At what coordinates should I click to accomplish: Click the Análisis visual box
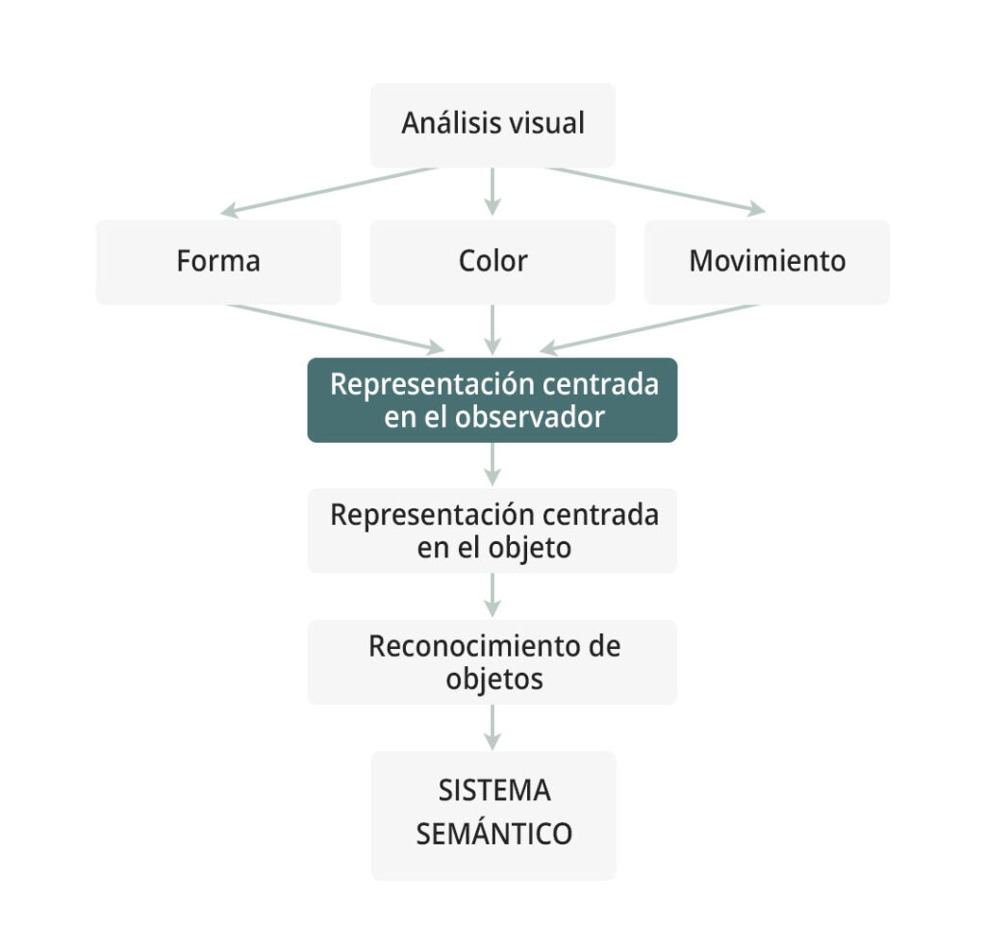[x=492, y=125]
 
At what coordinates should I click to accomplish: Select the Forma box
[x=218, y=262]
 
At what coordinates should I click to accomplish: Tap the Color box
[x=492, y=262]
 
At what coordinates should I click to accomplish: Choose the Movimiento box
[x=767, y=262]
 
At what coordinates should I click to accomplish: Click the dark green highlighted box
[x=492, y=401]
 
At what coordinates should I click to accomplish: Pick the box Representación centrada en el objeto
[x=492, y=530]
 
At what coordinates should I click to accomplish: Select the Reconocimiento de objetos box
[x=492, y=662]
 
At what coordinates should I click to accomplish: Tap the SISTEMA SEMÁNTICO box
[x=493, y=815]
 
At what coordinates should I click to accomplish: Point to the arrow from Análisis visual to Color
[x=492, y=192]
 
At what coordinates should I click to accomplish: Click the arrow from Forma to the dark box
[x=336, y=329]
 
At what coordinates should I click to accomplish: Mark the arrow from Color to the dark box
[x=492, y=330]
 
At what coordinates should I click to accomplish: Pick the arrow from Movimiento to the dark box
[x=649, y=329]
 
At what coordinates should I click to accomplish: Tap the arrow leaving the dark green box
[x=492, y=464]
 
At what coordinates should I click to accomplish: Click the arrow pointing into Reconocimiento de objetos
[x=492, y=595]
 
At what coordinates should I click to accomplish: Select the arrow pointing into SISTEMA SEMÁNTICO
[x=492, y=727]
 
